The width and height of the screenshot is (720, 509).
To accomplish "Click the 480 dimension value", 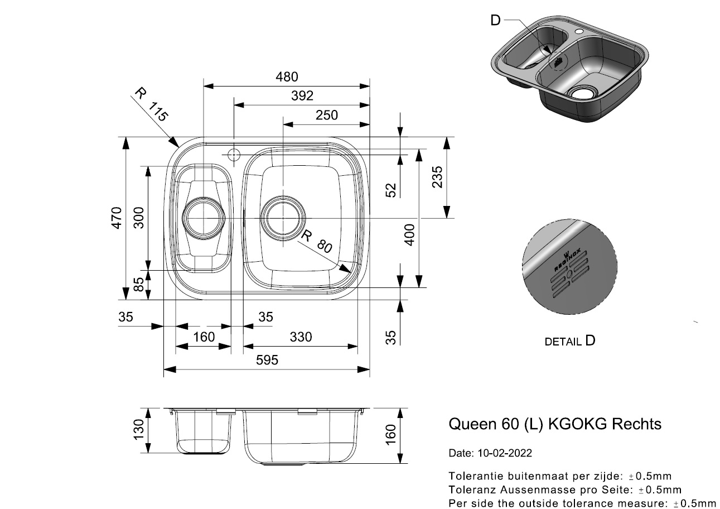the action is [x=287, y=77].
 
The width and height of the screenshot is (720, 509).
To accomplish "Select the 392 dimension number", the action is [x=302, y=96].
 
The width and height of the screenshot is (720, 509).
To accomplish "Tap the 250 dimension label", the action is [x=327, y=115].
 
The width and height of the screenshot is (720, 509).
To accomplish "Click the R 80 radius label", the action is [x=316, y=242].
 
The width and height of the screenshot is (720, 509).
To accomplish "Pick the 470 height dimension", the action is [x=117, y=218].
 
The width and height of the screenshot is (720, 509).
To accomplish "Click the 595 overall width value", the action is [x=267, y=360].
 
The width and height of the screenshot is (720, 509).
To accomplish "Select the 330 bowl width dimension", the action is [x=301, y=337].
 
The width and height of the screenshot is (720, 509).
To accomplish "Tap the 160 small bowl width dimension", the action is [x=204, y=337].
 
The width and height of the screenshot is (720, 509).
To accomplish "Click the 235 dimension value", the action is [x=437, y=177].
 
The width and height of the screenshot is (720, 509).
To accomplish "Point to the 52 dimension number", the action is [x=391, y=190].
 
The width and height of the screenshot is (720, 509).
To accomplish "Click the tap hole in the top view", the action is [x=234, y=155].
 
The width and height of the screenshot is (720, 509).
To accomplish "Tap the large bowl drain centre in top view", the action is [x=283, y=218].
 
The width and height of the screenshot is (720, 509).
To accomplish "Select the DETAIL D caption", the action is [x=570, y=341].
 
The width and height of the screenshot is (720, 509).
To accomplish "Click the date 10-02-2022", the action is [x=505, y=453].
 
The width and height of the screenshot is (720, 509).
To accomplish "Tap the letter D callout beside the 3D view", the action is [x=496, y=20].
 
